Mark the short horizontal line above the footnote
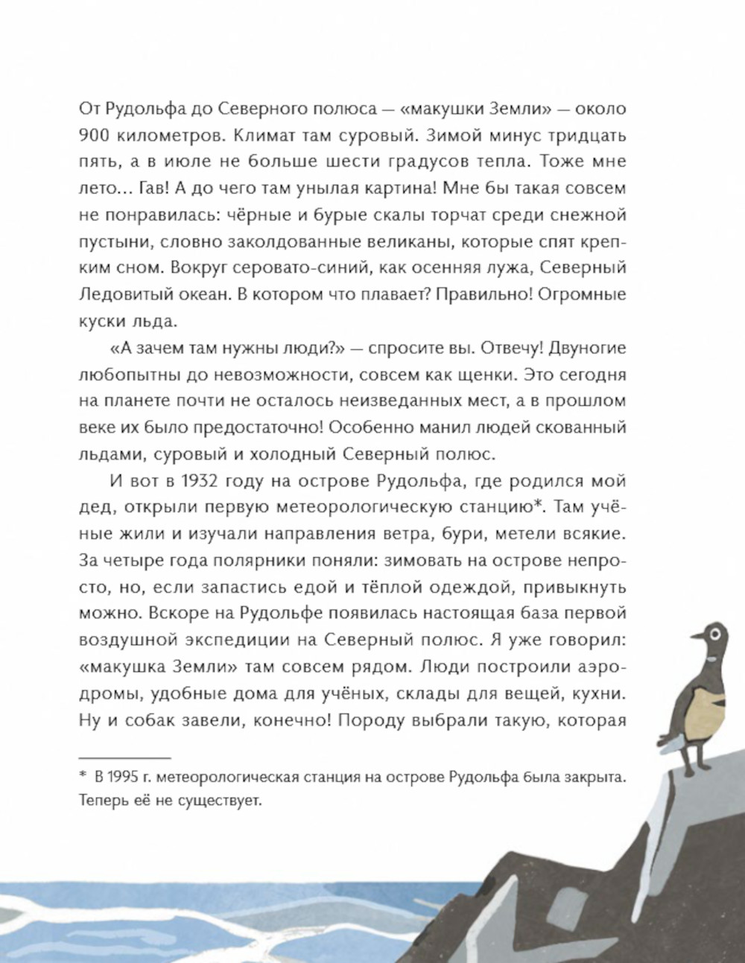(x=124, y=755)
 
